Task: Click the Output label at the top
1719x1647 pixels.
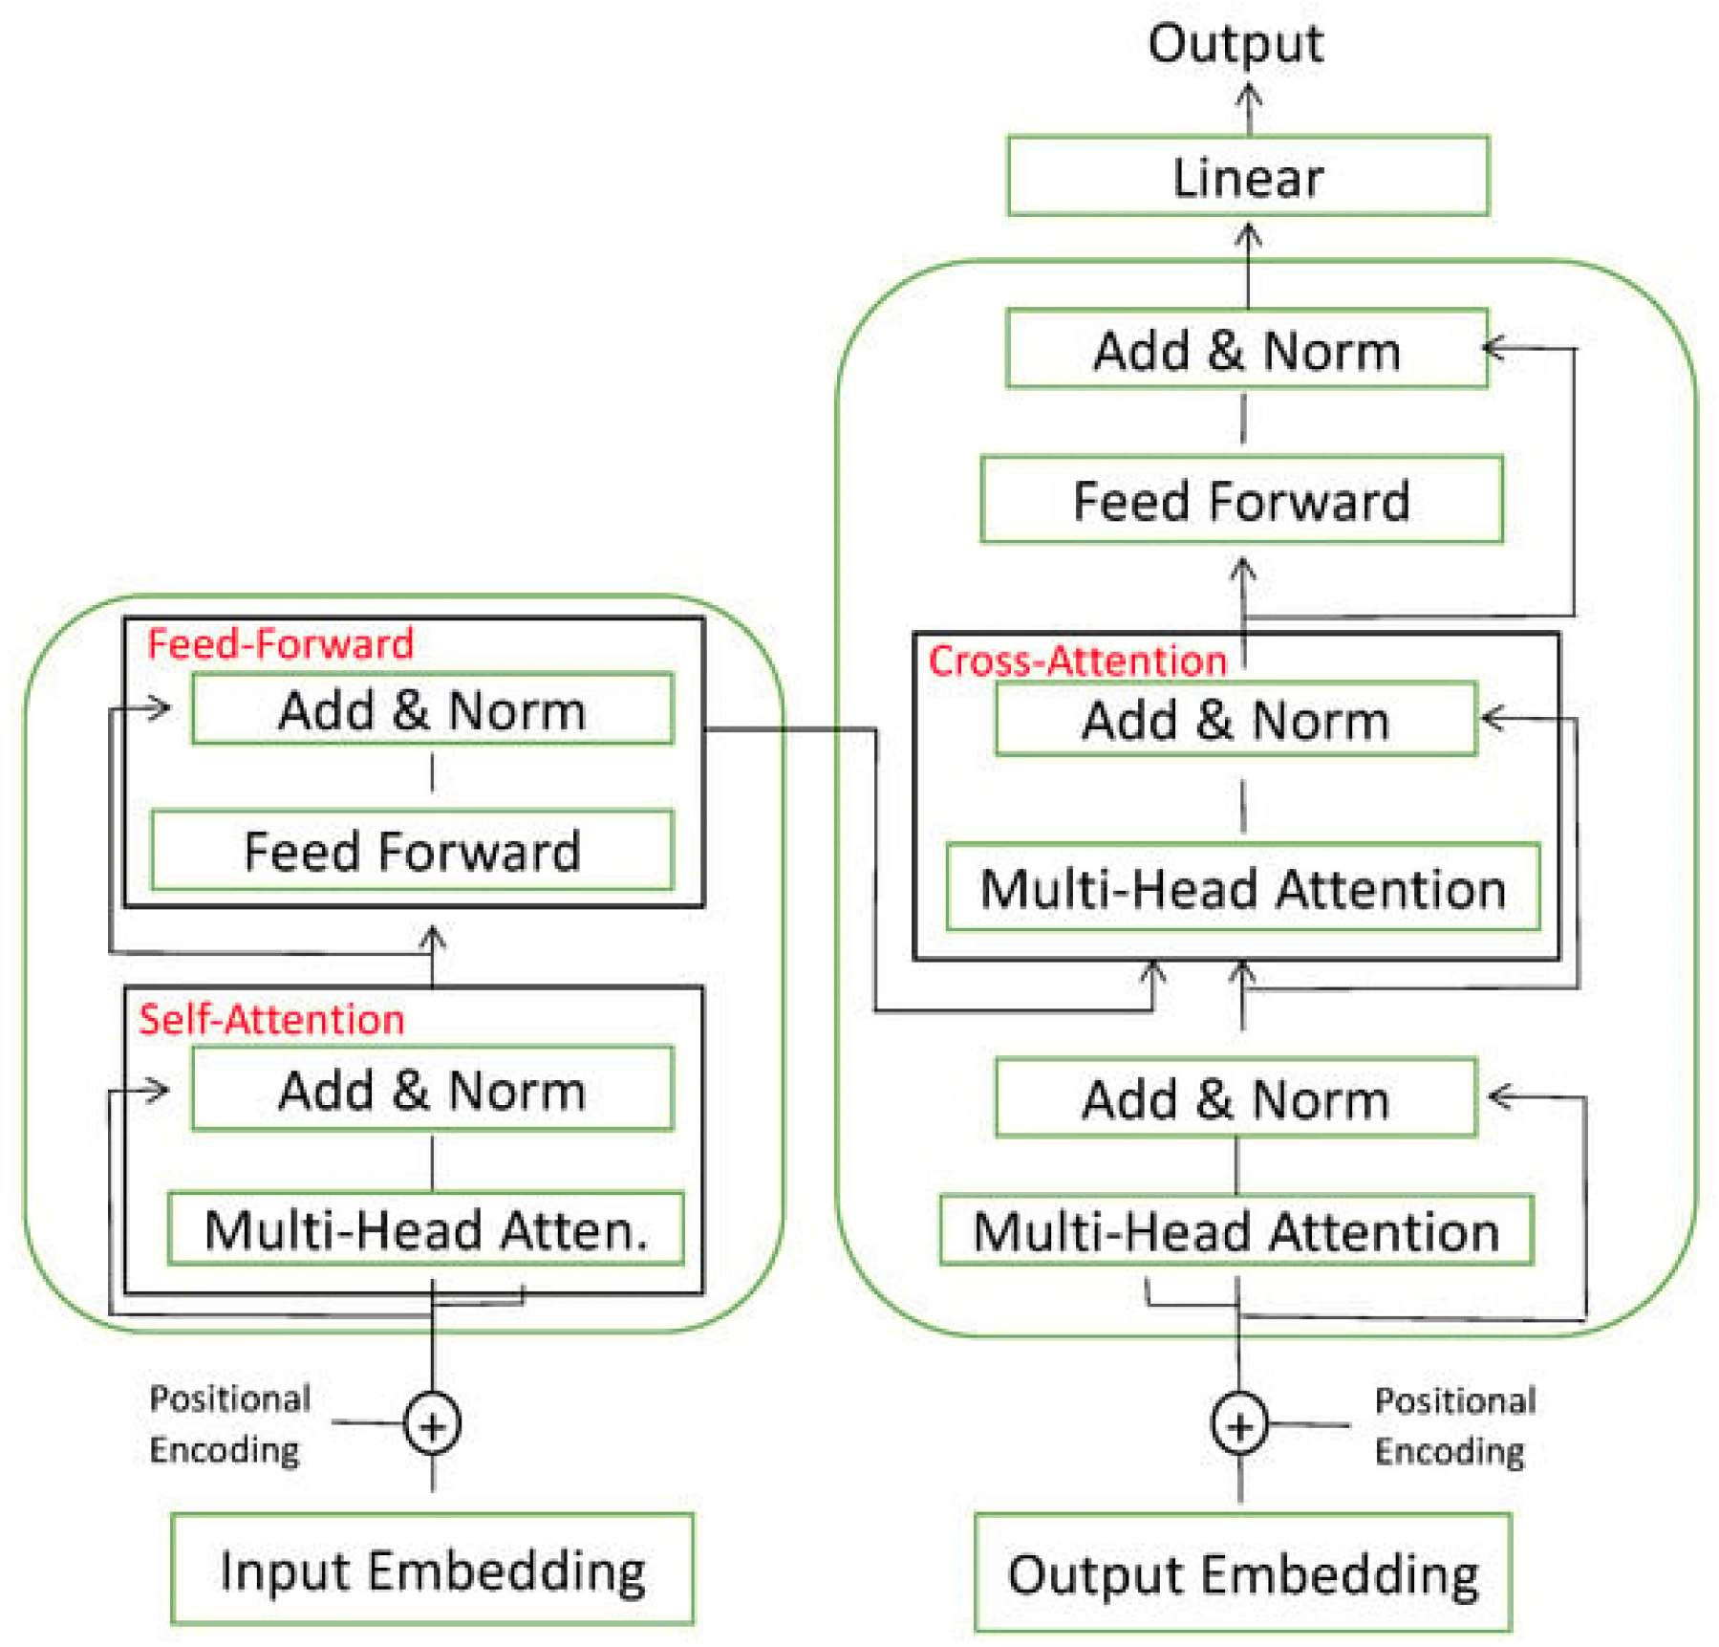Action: (x=1235, y=43)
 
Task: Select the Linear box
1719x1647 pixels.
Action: (x=1247, y=176)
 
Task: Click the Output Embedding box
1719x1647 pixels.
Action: (x=1242, y=1571)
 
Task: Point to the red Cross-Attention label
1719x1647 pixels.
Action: (x=1077, y=661)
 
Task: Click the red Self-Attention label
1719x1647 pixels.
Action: (x=271, y=1019)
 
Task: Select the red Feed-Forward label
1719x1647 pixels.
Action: (x=280, y=643)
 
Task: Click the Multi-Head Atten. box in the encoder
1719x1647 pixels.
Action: (x=425, y=1228)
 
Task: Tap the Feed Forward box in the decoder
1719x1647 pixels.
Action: (x=1240, y=500)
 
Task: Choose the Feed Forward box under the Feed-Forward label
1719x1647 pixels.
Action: (x=412, y=850)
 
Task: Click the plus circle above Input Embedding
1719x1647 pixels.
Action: (x=432, y=1424)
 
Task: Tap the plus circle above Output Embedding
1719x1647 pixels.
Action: (x=1238, y=1424)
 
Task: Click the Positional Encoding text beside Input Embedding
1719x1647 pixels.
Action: (x=229, y=1423)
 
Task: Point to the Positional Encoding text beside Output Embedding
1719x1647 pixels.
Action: (x=1453, y=1425)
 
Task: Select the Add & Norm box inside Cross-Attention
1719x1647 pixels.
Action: (x=1235, y=719)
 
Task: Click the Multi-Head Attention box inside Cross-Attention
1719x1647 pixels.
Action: (x=1242, y=887)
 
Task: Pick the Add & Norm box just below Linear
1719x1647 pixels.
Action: (x=1246, y=349)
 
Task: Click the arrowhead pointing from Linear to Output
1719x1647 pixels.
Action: (x=1248, y=96)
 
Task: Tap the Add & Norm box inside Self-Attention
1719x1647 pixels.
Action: (x=432, y=1089)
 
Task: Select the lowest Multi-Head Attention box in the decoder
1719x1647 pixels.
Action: (x=1236, y=1230)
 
